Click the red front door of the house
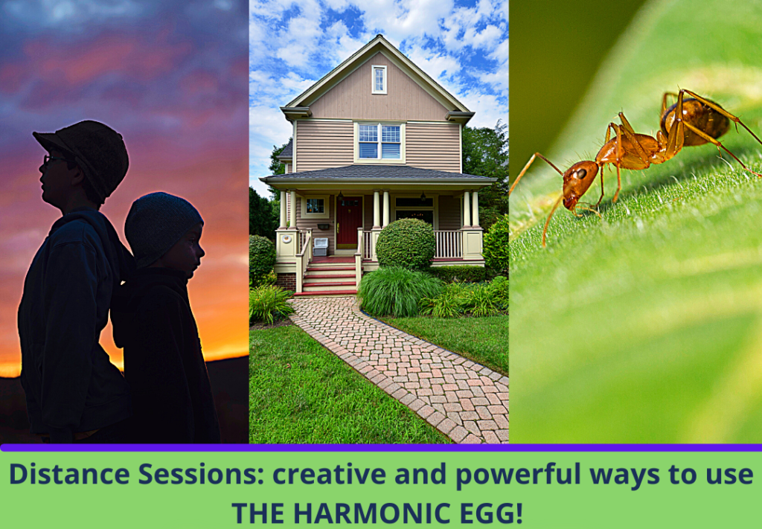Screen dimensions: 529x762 pos(348,221)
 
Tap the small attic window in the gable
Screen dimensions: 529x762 pos(380,80)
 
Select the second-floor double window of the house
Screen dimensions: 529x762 pos(380,141)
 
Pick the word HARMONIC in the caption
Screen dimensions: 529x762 pos(387,513)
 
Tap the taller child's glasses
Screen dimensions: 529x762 pos(48,159)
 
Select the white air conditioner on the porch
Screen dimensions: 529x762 pos(321,246)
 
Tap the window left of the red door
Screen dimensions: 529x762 pos(315,206)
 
